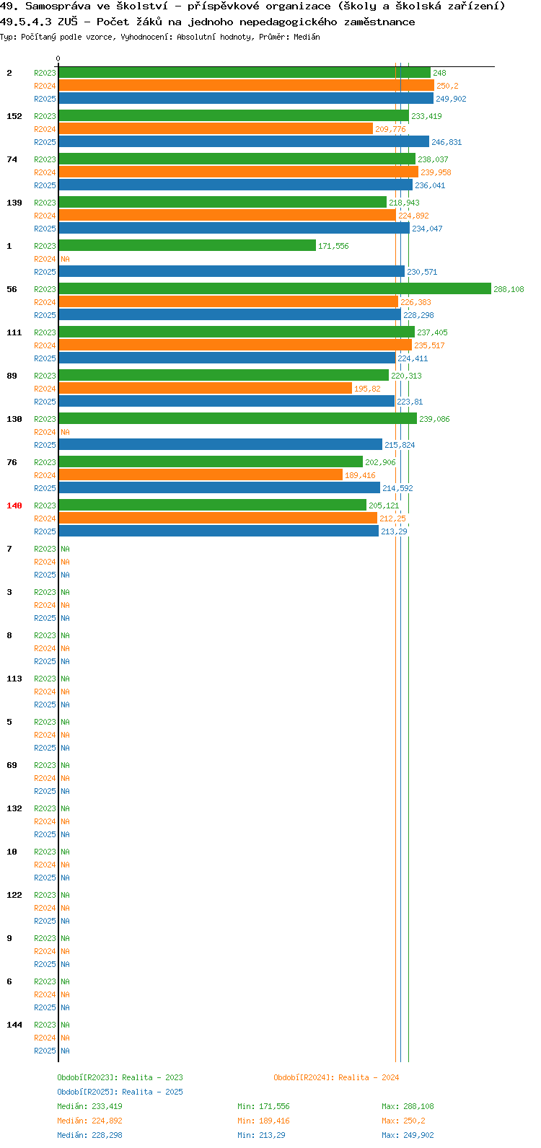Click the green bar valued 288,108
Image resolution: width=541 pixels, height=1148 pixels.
click(x=275, y=289)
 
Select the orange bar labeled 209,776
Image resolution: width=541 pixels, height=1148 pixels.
click(x=216, y=129)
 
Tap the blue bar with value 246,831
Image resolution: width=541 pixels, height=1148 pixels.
click(x=244, y=142)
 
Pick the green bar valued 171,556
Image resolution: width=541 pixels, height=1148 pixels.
click(x=187, y=246)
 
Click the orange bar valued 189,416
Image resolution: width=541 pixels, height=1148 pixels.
click(x=201, y=475)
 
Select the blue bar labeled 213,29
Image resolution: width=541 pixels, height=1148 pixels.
click(x=219, y=531)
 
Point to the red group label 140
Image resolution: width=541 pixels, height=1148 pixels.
click(x=14, y=505)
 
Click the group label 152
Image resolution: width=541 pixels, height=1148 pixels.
click(x=14, y=116)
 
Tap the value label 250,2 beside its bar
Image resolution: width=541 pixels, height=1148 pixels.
click(x=447, y=86)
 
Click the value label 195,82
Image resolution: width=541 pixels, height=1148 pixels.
click(x=367, y=389)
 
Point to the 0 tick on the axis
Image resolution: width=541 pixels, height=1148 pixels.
click(x=58, y=59)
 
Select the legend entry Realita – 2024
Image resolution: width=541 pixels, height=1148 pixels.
click(x=336, y=1077)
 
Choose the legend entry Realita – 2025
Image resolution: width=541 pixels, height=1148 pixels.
click(x=120, y=1092)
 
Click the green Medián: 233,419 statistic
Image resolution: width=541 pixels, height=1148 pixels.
click(x=89, y=1106)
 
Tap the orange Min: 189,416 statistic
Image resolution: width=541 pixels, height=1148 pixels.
click(x=263, y=1121)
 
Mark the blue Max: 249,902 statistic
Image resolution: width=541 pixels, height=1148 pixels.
click(x=408, y=1135)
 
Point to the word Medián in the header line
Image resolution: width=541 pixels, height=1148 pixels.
click(x=307, y=37)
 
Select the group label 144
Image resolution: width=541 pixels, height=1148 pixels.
click(x=14, y=1025)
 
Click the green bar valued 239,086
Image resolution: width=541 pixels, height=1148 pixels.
click(x=238, y=419)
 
